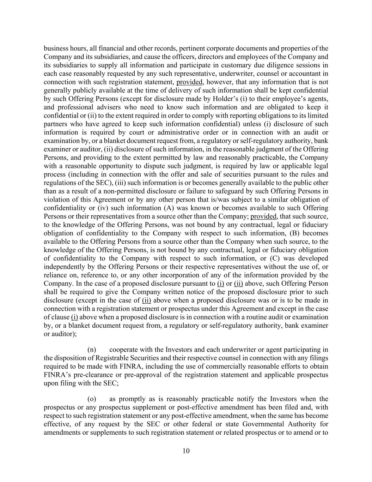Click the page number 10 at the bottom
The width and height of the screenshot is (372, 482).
click(186, 451)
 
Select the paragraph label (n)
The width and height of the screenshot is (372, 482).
click(92, 350)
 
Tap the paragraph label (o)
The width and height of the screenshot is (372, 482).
click(92, 399)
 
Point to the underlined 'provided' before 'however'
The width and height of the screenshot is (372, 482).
click(190, 82)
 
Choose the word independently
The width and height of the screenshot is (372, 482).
click(66, 267)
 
